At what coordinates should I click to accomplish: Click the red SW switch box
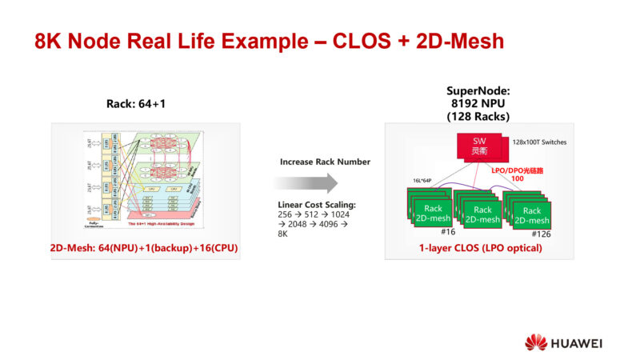pos(479,145)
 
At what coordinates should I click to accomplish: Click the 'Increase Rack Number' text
pos(325,162)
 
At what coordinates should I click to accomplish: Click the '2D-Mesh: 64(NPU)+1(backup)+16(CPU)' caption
pos(145,248)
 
